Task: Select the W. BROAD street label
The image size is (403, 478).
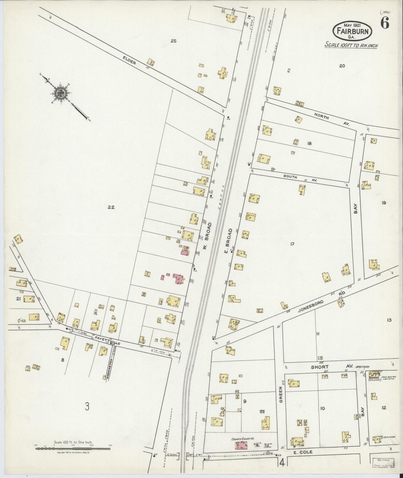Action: [x=207, y=236]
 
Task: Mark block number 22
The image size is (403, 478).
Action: [x=111, y=207]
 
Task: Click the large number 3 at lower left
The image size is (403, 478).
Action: [x=87, y=407]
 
